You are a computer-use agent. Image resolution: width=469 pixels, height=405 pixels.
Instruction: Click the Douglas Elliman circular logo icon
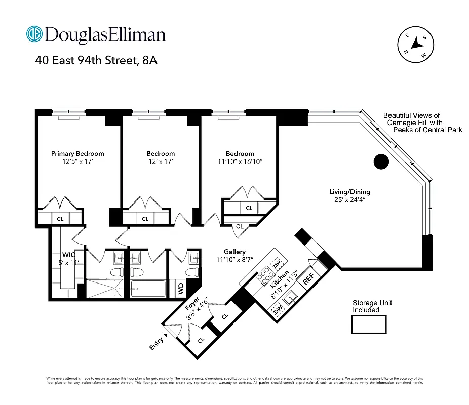coord(34,34)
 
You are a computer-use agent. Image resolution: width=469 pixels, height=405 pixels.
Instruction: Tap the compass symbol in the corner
coord(416,45)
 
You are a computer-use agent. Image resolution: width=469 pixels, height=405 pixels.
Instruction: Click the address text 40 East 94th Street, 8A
coord(96,61)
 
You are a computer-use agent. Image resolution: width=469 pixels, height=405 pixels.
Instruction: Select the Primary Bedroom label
coord(77,153)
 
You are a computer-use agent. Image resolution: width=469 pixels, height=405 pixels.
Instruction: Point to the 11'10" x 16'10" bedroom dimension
coord(240,161)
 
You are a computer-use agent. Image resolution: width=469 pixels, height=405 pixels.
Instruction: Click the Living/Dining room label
coord(349,192)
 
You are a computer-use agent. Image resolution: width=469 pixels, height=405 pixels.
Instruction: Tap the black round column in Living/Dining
coord(381,161)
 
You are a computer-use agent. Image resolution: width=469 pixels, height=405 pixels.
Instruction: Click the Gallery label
coord(235,252)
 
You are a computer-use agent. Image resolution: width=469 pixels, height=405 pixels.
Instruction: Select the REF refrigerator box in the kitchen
coord(308,279)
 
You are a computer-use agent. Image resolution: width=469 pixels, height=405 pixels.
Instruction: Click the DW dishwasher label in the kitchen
coord(277,312)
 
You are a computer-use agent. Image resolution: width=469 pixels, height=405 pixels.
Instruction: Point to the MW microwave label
coord(277,263)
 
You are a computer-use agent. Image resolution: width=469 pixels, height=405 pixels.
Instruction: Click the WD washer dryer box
coord(180,289)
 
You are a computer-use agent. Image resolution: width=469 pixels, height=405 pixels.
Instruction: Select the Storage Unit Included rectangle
coord(369,324)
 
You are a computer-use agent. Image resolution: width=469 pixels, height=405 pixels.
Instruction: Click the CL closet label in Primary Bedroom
coord(60,219)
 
